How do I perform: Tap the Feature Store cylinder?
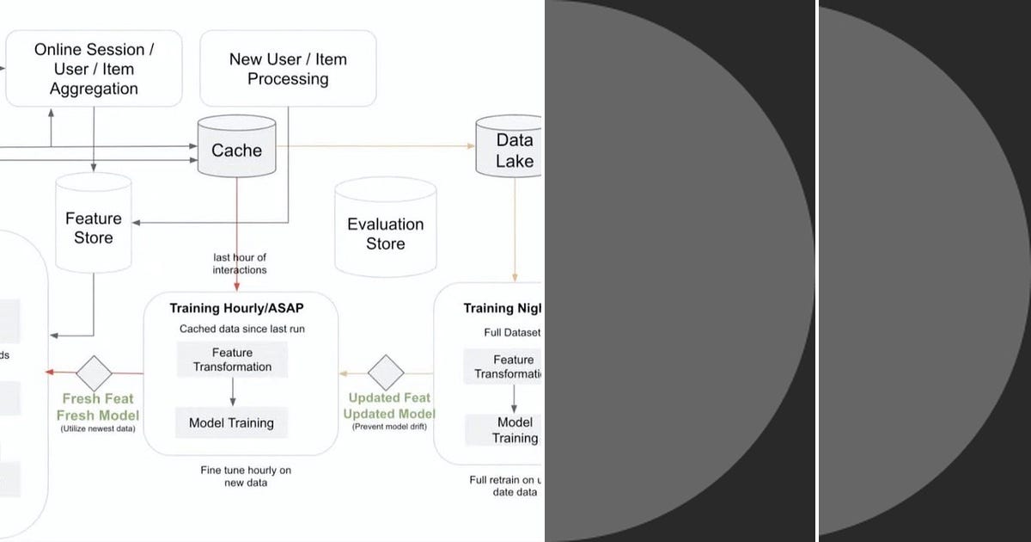[x=94, y=225]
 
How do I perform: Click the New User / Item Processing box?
[x=288, y=69]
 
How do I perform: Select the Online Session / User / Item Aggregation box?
[x=94, y=69]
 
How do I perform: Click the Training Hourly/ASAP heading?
[x=236, y=308]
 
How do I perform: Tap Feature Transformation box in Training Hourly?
[x=232, y=360]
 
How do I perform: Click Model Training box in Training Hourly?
[x=231, y=422]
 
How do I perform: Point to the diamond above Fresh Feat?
[x=94, y=373]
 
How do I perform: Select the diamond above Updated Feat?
[x=386, y=373]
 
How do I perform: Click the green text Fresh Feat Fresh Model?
[x=98, y=406]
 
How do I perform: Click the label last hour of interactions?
[x=240, y=263]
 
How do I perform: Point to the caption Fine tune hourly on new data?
[x=240, y=476]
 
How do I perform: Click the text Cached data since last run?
[x=242, y=329]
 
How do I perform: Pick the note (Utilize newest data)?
[x=97, y=428]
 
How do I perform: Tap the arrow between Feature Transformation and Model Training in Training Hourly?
[x=232, y=393]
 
